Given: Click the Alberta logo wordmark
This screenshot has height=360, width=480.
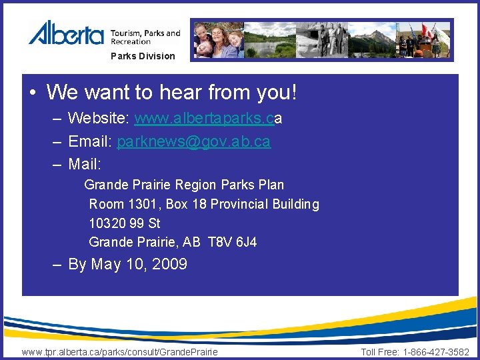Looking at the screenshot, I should click(x=65, y=33).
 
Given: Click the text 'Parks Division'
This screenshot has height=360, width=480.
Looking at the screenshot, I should click(x=143, y=56).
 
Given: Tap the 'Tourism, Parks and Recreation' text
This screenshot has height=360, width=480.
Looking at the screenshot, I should click(x=145, y=37).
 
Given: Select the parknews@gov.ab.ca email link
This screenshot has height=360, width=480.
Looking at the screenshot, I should click(x=193, y=142).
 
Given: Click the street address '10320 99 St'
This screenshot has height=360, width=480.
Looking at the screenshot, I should click(x=125, y=223).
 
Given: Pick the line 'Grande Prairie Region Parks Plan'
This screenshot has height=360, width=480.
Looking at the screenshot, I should click(x=184, y=185).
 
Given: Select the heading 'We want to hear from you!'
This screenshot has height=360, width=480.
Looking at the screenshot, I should click(x=171, y=92).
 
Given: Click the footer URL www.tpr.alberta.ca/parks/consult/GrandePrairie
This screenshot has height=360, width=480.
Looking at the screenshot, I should click(x=120, y=352).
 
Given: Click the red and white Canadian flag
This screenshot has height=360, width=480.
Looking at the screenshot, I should click(x=427, y=32).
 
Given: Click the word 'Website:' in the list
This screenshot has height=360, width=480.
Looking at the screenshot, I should click(x=99, y=119).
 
